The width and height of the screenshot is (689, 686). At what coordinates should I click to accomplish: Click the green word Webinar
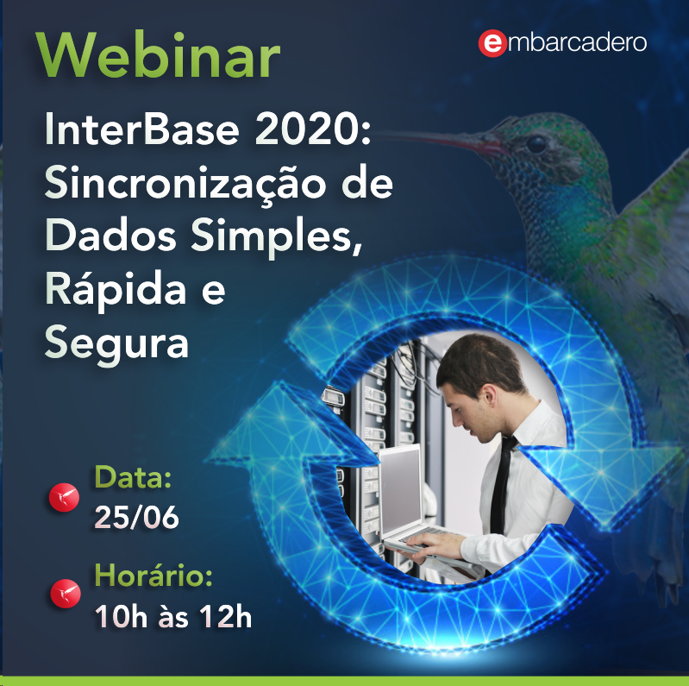coord(158,55)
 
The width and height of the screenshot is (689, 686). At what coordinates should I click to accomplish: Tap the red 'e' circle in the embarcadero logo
coord(492,43)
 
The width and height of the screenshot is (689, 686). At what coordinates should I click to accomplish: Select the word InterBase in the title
coord(142,129)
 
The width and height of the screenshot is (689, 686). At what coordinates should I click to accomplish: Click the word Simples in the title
coord(277,237)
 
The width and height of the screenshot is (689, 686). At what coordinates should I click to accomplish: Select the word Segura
coord(117,344)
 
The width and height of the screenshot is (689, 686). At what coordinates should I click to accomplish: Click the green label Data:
coord(133,476)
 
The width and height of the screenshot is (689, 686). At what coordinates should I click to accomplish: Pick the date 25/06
coord(136,517)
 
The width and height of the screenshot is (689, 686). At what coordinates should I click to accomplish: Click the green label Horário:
coord(153,575)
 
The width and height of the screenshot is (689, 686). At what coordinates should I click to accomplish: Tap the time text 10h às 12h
coord(173,616)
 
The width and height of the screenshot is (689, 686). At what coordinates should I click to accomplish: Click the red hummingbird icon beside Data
coord(64,497)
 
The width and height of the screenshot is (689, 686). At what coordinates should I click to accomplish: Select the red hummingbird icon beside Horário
coord(66,593)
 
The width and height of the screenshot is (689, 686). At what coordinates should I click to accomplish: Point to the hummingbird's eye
coord(536,144)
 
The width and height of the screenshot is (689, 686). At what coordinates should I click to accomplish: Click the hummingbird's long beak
coord(440,140)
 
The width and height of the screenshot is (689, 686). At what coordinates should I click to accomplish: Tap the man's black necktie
coord(501,485)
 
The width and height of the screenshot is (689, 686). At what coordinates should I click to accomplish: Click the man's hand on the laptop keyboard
coord(434,544)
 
